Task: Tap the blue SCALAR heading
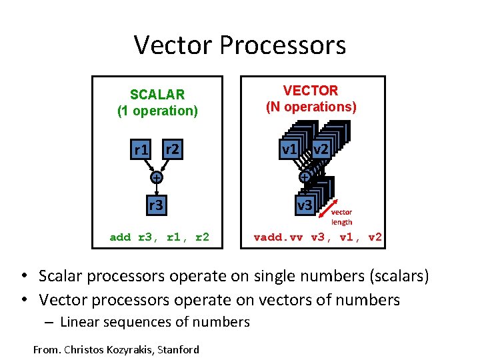click(x=157, y=94)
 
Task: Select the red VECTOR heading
click(x=310, y=90)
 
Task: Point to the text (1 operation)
click(x=157, y=111)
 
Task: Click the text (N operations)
click(x=311, y=107)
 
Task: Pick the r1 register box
click(x=141, y=150)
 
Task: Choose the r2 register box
click(x=172, y=149)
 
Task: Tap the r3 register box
click(x=155, y=205)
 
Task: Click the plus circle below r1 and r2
click(x=155, y=178)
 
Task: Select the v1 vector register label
click(x=289, y=149)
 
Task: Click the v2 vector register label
click(x=320, y=149)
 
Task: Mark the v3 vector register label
click(x=304, y=205)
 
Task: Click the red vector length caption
click(x=341, y=217)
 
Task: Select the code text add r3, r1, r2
click(x=159, y=237)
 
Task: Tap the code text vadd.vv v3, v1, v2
click(x=318, y=237)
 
